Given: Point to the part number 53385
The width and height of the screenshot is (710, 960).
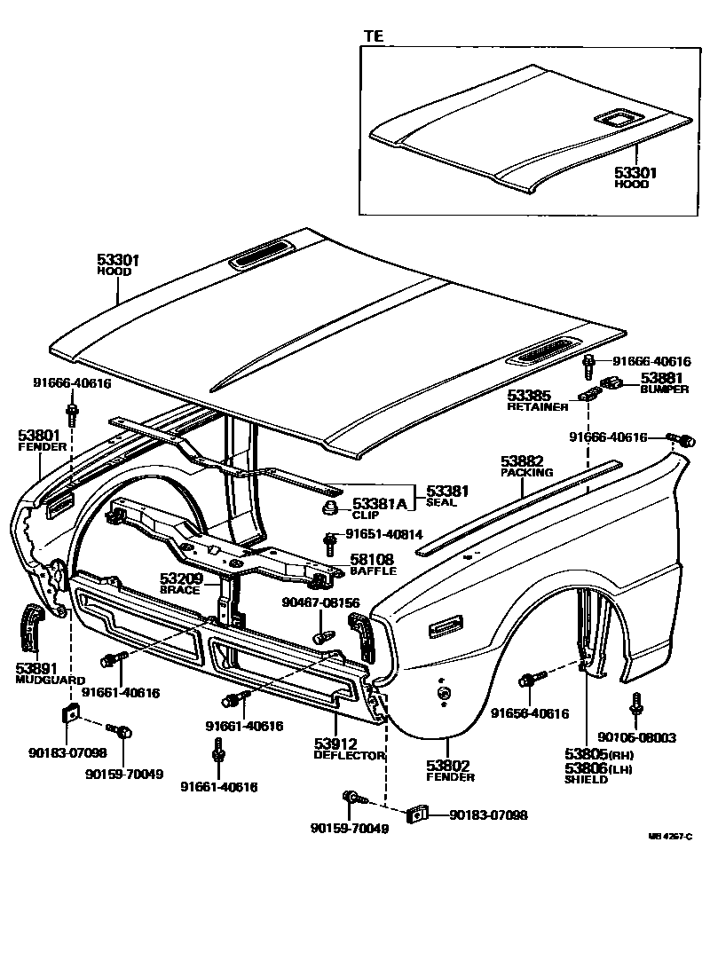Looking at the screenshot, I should [x=530, y=396].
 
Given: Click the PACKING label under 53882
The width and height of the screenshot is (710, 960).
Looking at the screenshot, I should [x=527, y=473].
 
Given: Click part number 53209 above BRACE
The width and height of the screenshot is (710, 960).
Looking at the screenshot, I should [x=181, y=578].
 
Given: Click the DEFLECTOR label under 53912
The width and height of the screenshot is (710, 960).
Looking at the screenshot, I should [x=349, y=755].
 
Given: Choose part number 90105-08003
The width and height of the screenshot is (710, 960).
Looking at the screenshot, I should [x=636, y=736].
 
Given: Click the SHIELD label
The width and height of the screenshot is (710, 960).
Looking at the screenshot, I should [x=586, y=780].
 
